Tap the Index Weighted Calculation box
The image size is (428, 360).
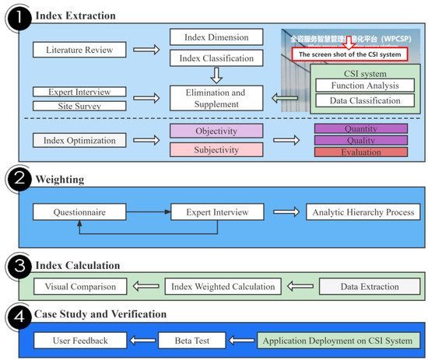click(x=223, y=287)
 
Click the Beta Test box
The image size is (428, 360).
click(x=191, y=341)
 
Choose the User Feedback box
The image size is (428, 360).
click(x=80, y=341)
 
